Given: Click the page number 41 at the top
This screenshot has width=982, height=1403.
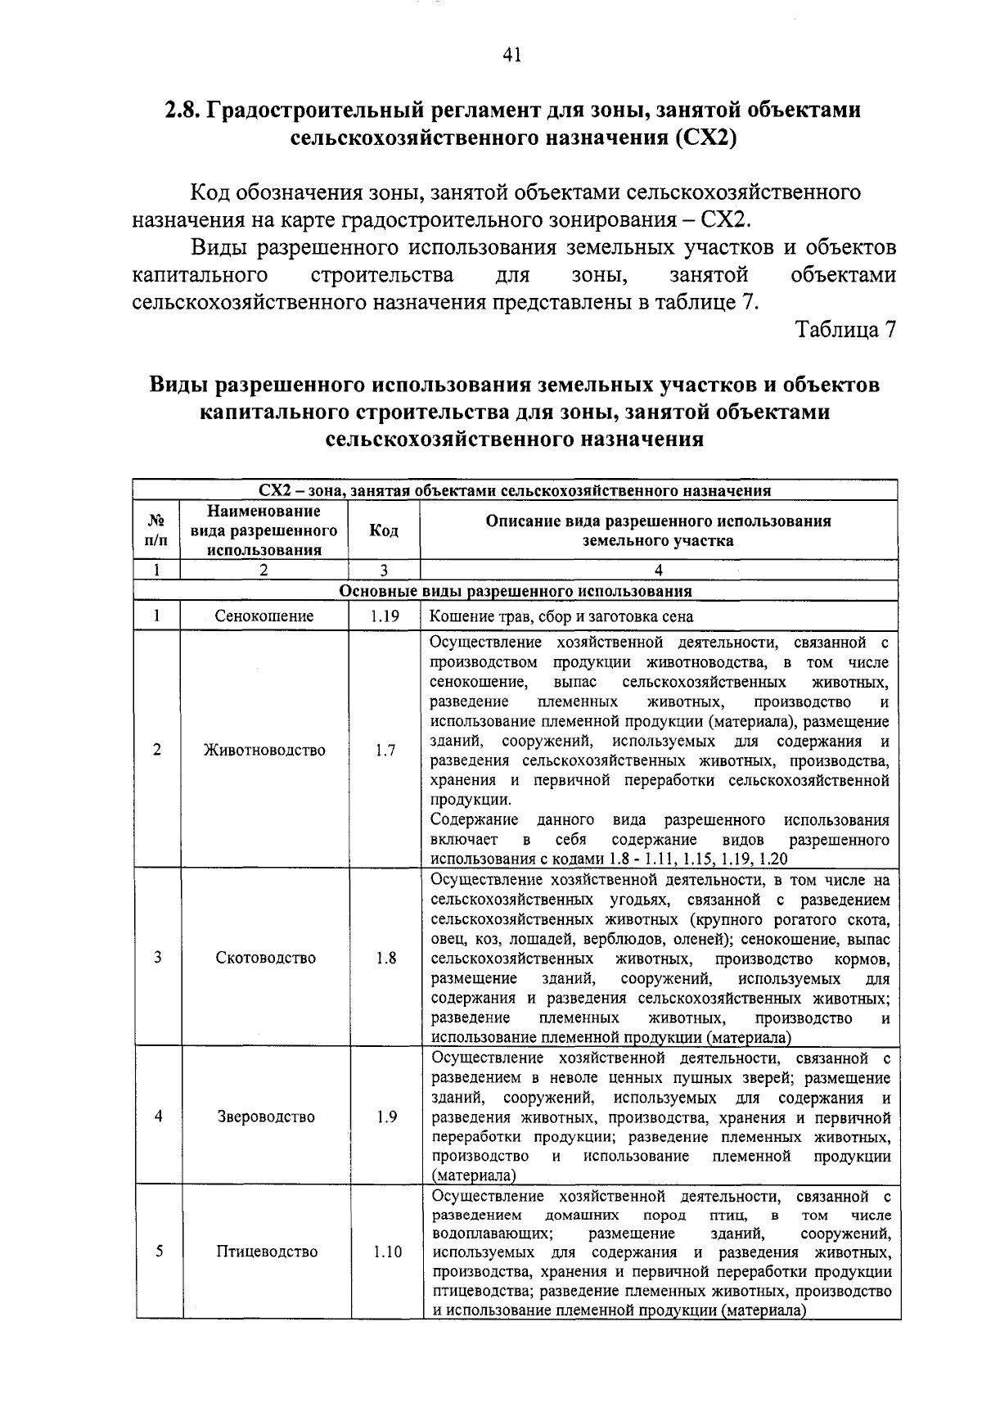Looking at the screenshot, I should coord(512,54).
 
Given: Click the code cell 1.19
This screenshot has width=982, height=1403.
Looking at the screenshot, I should coord(384,616).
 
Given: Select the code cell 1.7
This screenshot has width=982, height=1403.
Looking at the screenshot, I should coord(385,750).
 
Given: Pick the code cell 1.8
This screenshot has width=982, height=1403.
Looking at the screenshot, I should coord(385,958).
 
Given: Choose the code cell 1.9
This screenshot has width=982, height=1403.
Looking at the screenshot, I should coord(387,1117).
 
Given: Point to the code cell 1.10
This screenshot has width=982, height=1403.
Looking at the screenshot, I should coord(387,1252).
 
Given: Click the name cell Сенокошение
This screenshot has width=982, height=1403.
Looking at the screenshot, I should coord(264,616).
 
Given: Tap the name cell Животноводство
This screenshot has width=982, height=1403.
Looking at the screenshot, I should coord(264,750).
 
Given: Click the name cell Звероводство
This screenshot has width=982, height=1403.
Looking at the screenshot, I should coord(266,1117).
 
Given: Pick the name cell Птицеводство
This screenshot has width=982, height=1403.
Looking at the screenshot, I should coord(266,1252).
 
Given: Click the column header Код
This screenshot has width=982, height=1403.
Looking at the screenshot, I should coord(384,530).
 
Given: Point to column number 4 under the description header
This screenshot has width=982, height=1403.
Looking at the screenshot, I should coord(659,571).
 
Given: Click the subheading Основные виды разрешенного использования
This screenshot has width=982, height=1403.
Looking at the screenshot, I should coord(516,591).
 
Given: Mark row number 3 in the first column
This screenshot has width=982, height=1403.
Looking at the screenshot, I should coord(157,958).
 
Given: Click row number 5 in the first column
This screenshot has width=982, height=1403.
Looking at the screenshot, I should coord(158,1252).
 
